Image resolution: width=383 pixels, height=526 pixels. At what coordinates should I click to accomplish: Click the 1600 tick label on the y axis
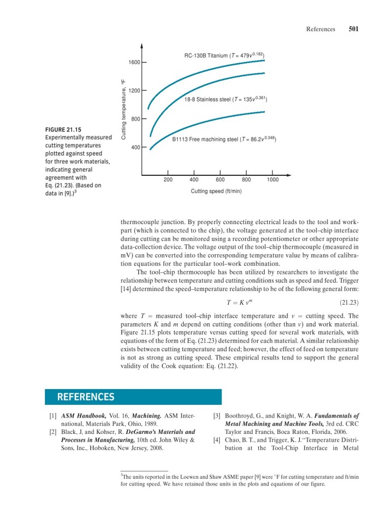click(x=134, y=63)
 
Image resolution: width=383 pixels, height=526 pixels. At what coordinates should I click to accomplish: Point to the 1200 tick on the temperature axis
click(x=134, y=90)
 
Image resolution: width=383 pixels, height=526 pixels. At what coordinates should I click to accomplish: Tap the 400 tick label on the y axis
click(x=136, y=147)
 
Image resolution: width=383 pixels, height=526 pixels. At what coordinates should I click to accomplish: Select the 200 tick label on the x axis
click(x=168, y=180)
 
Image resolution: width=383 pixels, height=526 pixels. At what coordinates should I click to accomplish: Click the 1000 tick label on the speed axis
click(x=272, y=180)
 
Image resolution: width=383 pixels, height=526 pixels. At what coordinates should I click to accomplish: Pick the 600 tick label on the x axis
click(x=220, y=180)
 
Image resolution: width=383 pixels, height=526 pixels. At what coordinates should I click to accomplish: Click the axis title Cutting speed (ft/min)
click(x=216, y=191)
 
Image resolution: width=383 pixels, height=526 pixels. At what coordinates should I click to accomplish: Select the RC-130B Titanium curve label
click(x=224, y=55)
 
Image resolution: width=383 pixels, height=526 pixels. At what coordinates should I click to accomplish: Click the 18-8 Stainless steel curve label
click(x=225, y=99)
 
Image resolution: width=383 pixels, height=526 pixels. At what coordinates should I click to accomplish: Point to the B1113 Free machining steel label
click(x=224, y=140)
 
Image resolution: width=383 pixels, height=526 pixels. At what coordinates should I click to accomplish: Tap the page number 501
click(x=353, y=30)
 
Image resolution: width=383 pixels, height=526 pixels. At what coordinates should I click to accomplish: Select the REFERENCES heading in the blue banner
click(x=86, y=397)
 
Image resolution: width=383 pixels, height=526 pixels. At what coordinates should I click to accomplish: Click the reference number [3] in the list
click(x=217, y=416)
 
